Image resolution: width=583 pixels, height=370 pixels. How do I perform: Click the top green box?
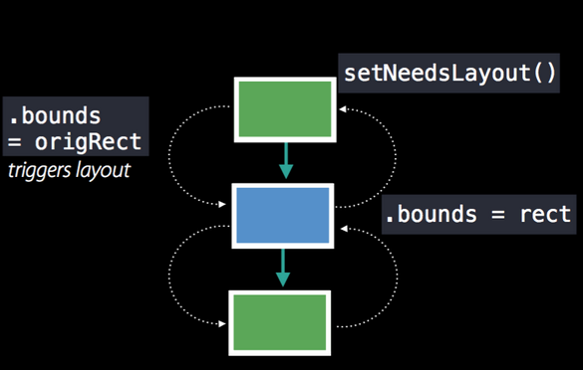pos(284,109)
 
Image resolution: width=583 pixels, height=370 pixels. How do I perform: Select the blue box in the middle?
pos(284,214)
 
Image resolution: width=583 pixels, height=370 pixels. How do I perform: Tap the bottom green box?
pos(279,320)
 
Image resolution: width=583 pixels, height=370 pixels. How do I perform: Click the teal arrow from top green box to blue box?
pos(286,159)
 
